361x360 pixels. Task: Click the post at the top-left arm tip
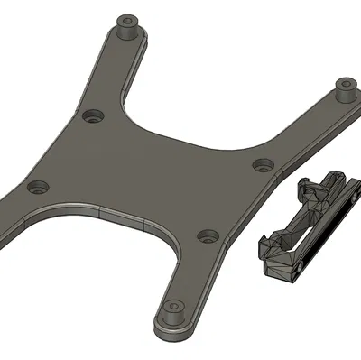click(128, 25)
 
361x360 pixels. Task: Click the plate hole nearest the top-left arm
click(92, 116)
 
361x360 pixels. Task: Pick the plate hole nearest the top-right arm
click(263, 164)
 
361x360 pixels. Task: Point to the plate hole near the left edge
click(37, 189)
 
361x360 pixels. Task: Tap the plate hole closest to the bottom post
click(208, 235)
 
